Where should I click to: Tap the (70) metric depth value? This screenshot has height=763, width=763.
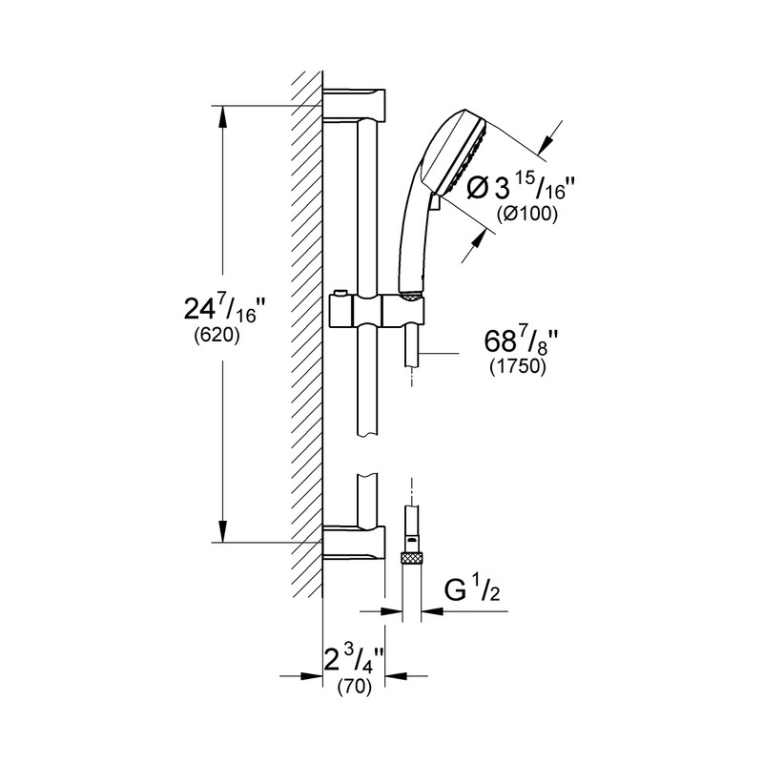(353, 685)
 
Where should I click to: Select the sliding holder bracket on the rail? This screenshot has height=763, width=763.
(377, 311)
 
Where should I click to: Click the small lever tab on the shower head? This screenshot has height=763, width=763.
(435, 201)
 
